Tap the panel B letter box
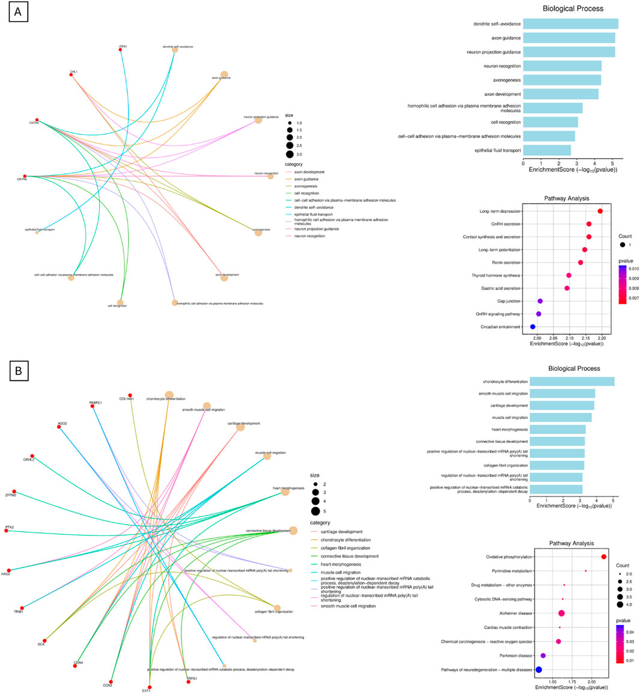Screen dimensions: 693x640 coord(17,371)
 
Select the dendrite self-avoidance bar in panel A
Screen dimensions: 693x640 coord(570,24)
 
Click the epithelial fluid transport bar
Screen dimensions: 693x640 coord(547,150)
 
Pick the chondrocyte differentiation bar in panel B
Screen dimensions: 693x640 coord(571,382)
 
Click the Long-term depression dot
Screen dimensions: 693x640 coord(600,212)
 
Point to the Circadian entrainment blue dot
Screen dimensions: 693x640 coord(532,327)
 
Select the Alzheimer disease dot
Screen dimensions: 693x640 coord(561,613)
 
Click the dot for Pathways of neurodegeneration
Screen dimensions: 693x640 coord(539,670)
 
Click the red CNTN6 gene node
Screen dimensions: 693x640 coord(25,177)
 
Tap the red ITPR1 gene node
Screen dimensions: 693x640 coord(121,49)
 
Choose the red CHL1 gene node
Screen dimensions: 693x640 coord(72,75)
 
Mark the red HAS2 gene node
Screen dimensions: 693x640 coord(9,570)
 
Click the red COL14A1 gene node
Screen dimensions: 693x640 coord(130,395)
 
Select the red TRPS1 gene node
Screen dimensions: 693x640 coord(189,682)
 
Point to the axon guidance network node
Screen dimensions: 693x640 coord(224,75)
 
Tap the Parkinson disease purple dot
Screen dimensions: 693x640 coord(543,656)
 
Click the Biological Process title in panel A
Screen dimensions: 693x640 coord(573,9)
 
